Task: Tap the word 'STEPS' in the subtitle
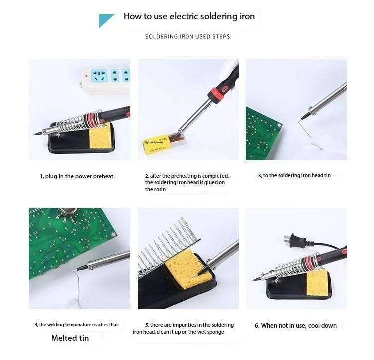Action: point(221,37)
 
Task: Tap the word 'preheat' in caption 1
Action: point(103,177)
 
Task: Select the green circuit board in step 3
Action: point(263,133)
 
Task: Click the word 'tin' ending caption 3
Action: point(327,176)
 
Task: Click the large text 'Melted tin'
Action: point(70,338)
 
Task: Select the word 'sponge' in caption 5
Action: point(215,332)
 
